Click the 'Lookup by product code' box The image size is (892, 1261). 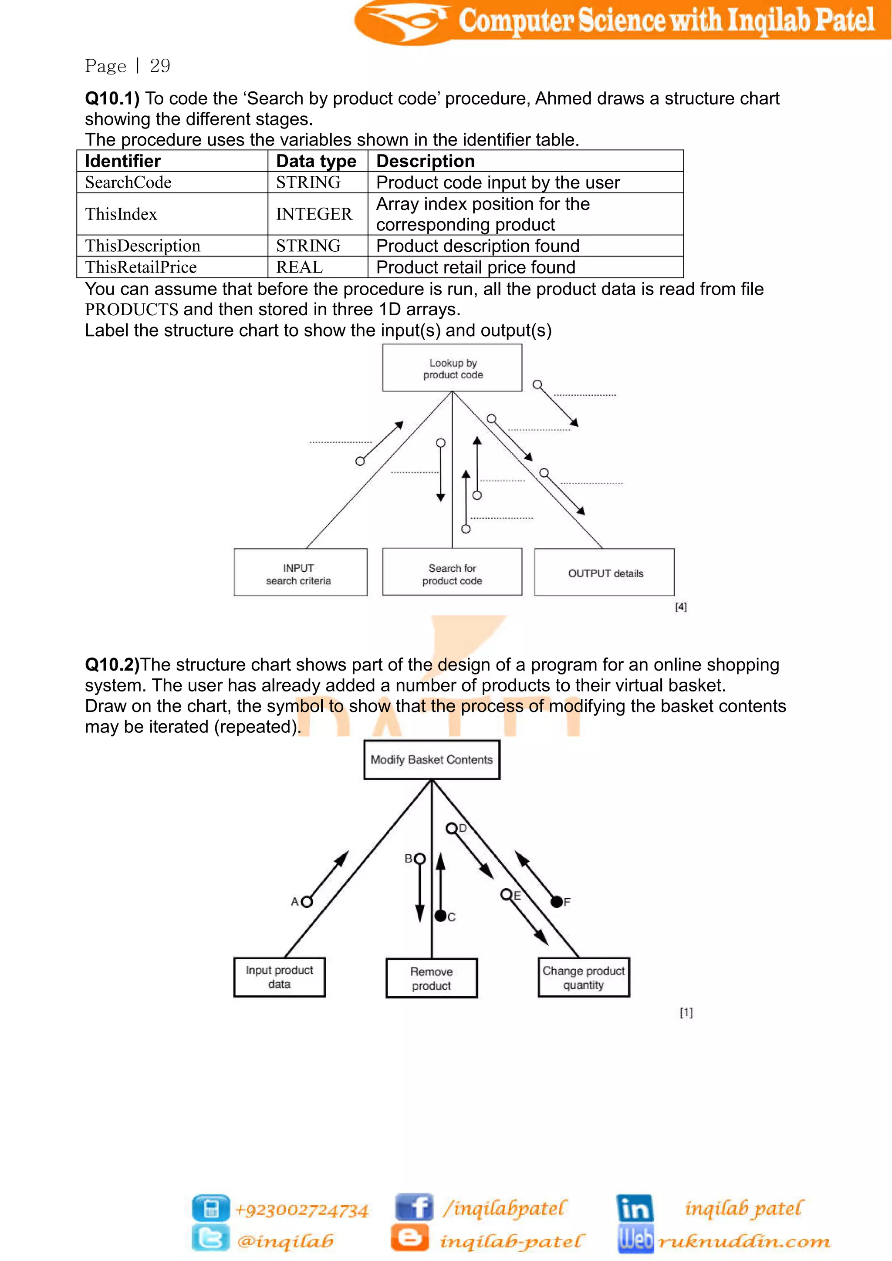pyautogui.click(x=452, y=368)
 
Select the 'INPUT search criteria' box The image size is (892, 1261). pyautogui.click(x=301, y=572)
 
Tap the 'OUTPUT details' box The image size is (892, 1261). pyautogui.click(x=604, y=572)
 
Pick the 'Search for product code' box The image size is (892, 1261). pyautogui.click(x=452, y=572)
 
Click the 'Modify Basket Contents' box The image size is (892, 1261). pyautogui.click(x=432, y=759)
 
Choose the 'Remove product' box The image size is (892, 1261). pyautogui.click(x=432, y=978)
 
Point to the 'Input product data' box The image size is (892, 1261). pyautogui.click(x=280, y=977)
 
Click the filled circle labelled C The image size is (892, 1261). pyautogui.click(x=440, y=916)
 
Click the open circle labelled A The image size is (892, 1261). pyautogui.click(x=307, y=901)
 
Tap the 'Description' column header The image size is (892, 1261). pyautogui.click(x=425, y=161)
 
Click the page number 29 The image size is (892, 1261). pyautogui.click(x=160, y=66)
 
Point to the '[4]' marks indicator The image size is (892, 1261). pyautogui.click(x=680, y=607)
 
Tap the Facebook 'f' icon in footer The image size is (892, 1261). pyautogui.click(x=415, y=1207)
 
